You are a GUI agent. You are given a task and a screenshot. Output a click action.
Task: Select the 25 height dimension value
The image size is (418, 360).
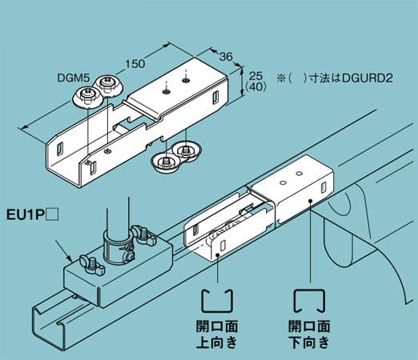pos(256,75)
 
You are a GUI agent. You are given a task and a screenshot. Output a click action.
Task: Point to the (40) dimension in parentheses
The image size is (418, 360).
pos(256,86)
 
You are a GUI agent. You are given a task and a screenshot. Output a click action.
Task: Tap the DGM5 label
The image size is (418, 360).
pos(74,78)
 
